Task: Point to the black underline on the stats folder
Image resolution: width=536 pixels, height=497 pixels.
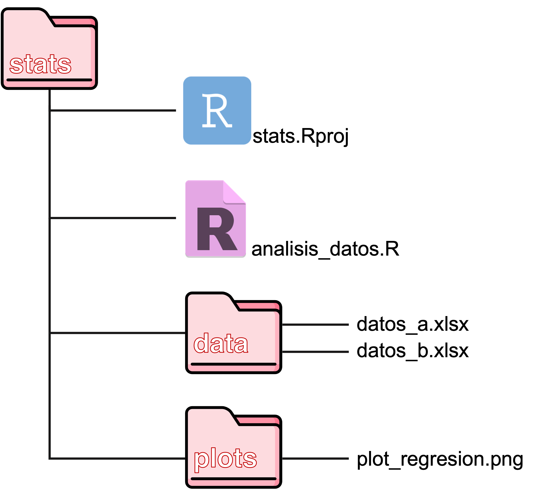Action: [49, 80]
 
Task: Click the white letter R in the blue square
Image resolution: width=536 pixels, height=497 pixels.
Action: [217, 110]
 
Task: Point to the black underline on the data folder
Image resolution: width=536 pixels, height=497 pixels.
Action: [233, 364]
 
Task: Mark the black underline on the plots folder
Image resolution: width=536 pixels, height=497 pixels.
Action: [233, 479]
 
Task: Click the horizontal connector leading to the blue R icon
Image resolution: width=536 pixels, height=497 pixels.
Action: [113, 110]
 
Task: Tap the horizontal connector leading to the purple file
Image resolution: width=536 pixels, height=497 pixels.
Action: [113, 218]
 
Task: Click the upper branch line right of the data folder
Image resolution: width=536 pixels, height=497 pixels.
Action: [315, 325]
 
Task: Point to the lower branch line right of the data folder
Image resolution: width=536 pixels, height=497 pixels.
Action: [315, 352]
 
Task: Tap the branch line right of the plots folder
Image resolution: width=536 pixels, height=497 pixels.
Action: [315, 459]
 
